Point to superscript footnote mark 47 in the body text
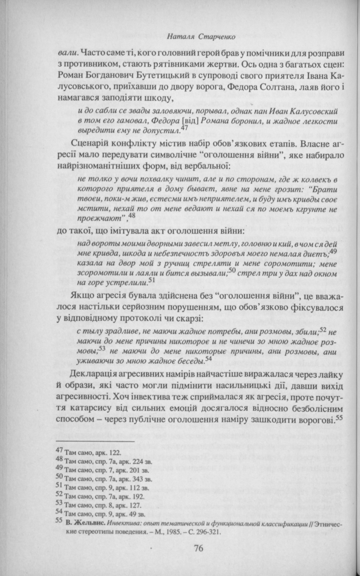click(184, 128)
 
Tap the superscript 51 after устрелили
click(151, 279)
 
